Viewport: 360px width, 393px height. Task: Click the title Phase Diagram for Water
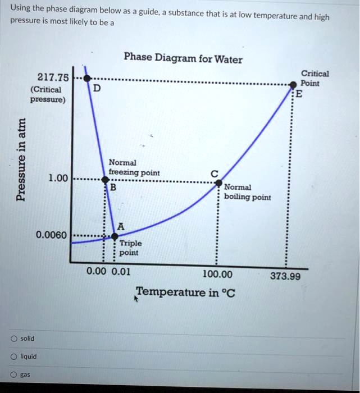pyautogui.click(x=183, y=58)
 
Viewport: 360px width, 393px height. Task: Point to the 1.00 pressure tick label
pyautogui.click(x=58, y=179)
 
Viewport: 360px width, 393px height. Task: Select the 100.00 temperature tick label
pyautogui.click(x=217, y=275)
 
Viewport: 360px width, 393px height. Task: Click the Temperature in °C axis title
pyautogui.click(x=185, y=292)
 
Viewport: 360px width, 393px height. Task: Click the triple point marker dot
pyautogui.click(x=115, y=236)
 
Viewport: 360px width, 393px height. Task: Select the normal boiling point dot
pyautogui.click(x=218, y=183)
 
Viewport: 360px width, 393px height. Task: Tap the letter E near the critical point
pyautogui.click(x=299, y=94)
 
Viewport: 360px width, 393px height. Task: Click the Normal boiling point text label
pyautogui.click(x=247, y=192)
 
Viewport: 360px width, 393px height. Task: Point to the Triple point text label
pyautogui.click(x=131, y=248)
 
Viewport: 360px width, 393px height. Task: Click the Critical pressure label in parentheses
pyautogui.click(x=47, y=95)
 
